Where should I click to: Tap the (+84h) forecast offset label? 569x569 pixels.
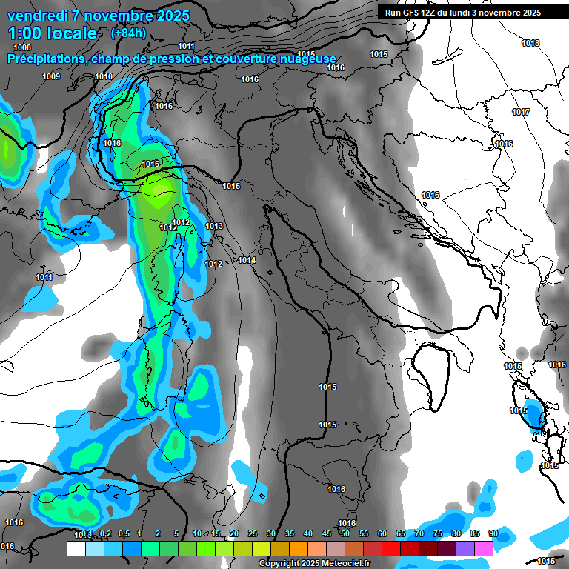point(128,33)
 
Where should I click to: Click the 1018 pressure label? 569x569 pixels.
point(530,43)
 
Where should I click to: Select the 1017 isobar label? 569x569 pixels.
point(521,112)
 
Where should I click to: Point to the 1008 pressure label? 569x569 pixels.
point(22,47)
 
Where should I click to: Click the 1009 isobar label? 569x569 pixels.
point(51,77)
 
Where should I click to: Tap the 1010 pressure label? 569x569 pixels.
point(104,77)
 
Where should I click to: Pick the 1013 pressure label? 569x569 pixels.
point(214,226)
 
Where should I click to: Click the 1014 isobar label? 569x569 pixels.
point(247,260)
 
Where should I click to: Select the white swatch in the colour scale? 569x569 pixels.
point(76,548)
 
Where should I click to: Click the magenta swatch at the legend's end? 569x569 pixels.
point(484,548)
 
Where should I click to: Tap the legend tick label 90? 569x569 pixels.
point(493,533)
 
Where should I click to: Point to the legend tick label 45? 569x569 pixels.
point(327,533)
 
